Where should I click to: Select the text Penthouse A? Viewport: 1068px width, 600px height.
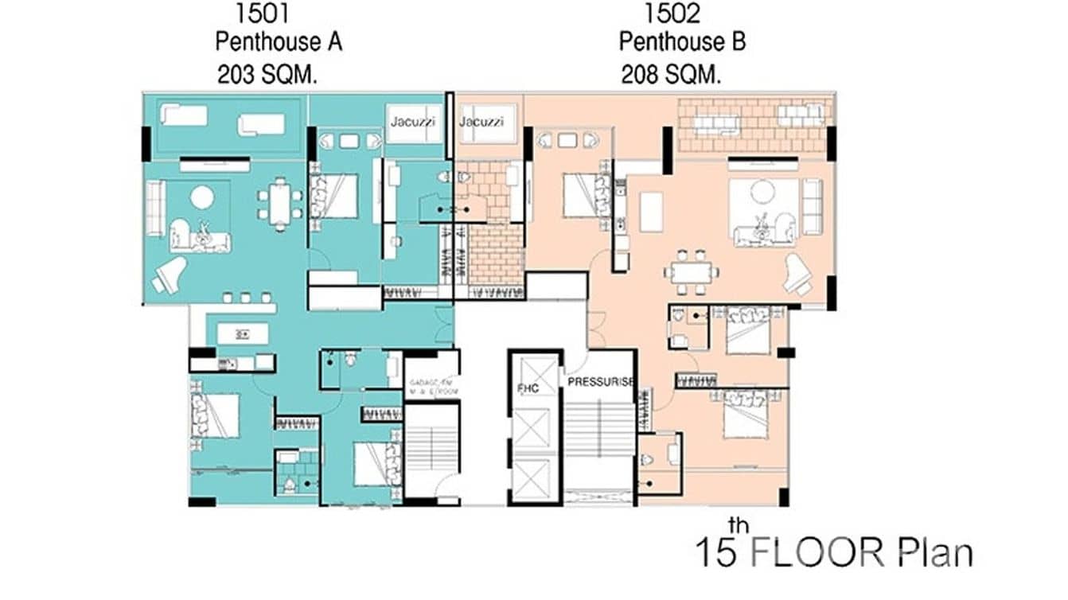tap(279, 41)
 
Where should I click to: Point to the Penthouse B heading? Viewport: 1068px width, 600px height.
tap(682, 41)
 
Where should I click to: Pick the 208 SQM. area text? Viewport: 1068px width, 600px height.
tap(671, 76)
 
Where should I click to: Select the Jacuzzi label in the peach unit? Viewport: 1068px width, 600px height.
tap(481, 122)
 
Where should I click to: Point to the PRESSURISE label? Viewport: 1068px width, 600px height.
tap(601, 381)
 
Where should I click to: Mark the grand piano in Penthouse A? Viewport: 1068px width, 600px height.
tap(170, 274)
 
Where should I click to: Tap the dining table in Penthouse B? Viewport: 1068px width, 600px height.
tap(692, 271)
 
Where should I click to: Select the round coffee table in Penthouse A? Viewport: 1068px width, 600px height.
tap(201, 197)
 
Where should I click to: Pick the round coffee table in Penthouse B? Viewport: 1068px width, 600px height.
tap(762, 191)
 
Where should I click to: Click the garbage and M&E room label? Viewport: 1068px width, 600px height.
tap(431, 386)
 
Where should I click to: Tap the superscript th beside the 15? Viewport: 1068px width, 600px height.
tap(737, 524)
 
